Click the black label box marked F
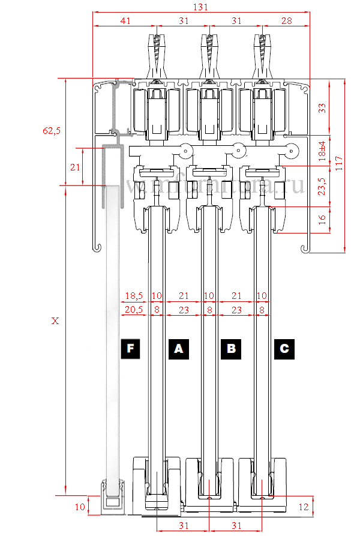130,348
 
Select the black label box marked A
178,348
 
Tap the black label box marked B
231,348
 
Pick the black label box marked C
284,348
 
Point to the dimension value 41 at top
125,20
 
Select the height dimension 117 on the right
340,165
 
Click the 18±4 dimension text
322,151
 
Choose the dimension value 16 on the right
322,220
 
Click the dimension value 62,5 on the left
52,130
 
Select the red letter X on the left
55,321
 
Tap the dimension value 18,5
134,296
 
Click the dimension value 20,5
134,310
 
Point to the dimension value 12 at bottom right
304,507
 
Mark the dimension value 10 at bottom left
80,507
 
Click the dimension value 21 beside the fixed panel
74,167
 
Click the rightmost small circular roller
292,151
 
